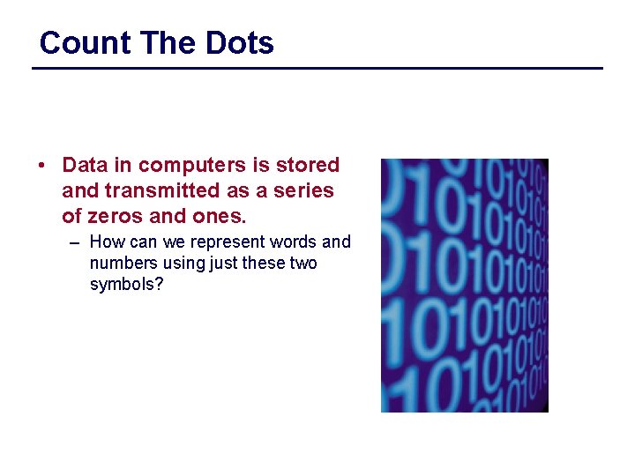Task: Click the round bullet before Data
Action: point(42,166)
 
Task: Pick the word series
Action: point(306,190)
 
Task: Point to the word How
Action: point(108,242)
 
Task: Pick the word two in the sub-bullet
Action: point(303,264)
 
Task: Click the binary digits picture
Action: point(464,285)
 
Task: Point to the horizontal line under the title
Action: point(317,68)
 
